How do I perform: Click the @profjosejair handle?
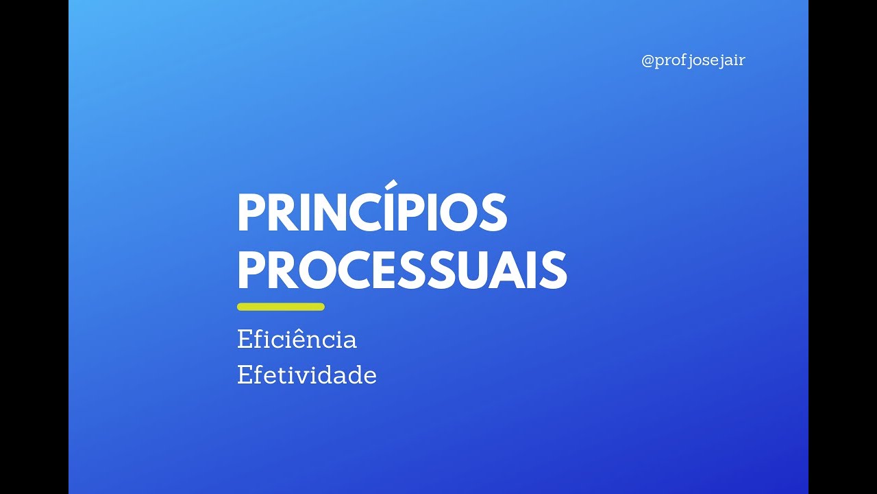693,60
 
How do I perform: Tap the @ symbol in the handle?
648,61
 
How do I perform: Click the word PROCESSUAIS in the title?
402,270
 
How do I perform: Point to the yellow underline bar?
280,307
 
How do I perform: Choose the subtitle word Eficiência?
297,340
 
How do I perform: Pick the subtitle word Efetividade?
307,375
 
